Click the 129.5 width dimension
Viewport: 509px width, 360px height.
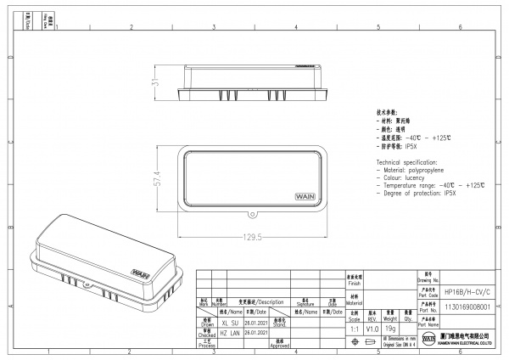249,238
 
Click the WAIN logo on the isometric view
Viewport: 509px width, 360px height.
142,273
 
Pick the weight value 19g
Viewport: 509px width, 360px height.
390,327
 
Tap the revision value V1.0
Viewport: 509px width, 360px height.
372,327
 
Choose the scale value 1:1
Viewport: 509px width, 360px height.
354,327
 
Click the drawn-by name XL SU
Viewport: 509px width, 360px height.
229,323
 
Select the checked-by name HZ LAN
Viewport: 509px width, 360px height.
229,334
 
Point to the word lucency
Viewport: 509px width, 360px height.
417,177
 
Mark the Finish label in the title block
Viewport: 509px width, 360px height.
354,283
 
